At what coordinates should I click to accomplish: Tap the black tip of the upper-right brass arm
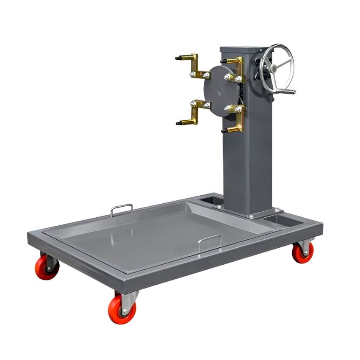pos(224,61)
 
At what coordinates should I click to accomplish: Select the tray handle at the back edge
pos(122,208)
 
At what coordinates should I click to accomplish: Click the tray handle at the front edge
pos(209,240)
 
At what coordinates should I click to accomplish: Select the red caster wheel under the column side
pos(303,252)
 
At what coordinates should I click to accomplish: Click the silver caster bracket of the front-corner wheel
pos(128,298)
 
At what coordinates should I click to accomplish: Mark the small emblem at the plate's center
pos(219,90)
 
